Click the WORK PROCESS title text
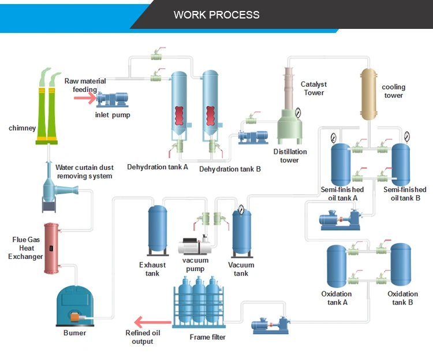(216, 14)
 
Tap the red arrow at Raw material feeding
(84, 97)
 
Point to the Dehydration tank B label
(230, 169)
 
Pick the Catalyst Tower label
(313, 88)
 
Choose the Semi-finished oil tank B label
(405, 194)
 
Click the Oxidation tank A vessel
(337, 266)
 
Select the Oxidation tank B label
(402, 298)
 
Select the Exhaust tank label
(152, 269)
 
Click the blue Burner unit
(74, 305)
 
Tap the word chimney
(22, 128)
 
